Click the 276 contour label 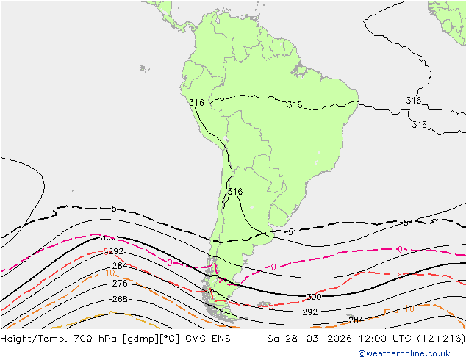click(120, 284)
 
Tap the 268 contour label click(120, 300)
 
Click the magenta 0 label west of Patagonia click(170, 262)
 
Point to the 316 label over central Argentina click(234, 192)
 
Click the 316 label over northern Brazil click(294, 105)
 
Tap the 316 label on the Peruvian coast click(196, 103)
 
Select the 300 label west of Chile click(108, 237)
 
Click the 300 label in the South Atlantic click(314, 298)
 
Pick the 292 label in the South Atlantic click(310, 312)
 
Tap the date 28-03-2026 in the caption click(302, 339)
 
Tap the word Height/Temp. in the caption click(28, 339)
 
